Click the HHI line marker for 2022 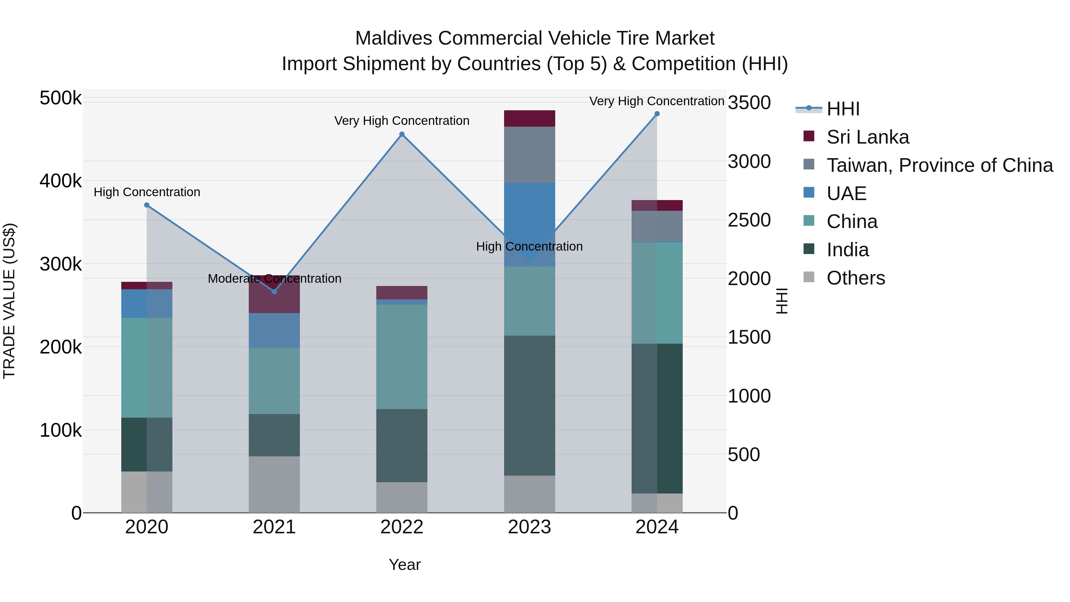[x=402, y=134]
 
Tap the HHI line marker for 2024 [x=657, y=114]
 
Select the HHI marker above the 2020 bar [x=147, y=205]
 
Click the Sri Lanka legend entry [x=867, y=137]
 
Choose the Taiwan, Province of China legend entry [x=940, y=165]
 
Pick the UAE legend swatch [x=809, y=193]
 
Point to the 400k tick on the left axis [x=61, y=181]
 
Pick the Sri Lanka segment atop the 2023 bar [x=529, y=118]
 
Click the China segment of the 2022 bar [x=402, y=356]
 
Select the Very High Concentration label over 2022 [x=402, y=121]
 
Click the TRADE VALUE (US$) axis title [x=9, y=301]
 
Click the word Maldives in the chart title [x=394, y=38]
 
